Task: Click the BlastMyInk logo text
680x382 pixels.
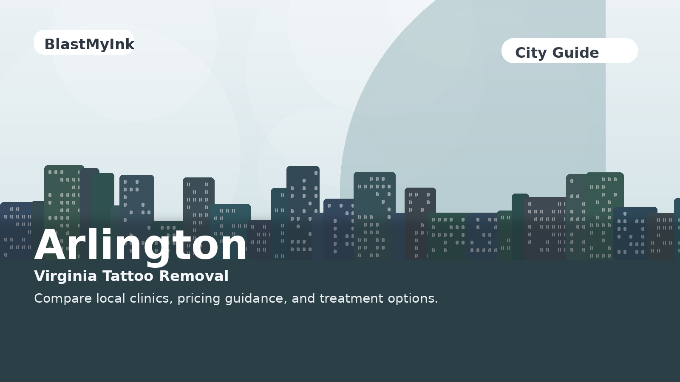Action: point(89,44)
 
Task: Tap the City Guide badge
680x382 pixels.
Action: point(569,51)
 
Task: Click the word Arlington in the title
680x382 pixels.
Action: point(140,245)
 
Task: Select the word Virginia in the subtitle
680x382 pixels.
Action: point(65,276)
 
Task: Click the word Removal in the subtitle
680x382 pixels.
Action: point(194,276)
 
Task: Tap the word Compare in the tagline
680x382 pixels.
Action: point(63,299)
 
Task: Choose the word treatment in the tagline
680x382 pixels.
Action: point(351,298)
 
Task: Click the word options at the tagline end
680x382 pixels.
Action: point(412,299)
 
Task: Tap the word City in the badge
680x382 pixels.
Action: point(530,53)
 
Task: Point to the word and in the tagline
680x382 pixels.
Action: point(303,298)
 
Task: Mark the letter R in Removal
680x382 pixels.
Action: point(165,276)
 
